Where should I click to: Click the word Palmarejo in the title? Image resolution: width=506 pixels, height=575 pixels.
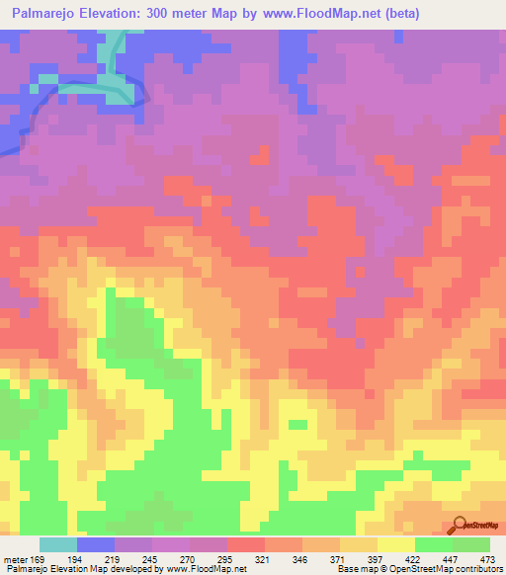point(47,14)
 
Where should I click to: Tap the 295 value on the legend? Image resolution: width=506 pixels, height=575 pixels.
point(227,558)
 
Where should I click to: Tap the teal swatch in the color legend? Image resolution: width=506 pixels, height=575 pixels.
point(58,544)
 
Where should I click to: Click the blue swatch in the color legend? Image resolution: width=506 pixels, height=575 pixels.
point(96,544)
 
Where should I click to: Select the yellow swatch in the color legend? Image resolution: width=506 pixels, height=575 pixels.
point(396,544)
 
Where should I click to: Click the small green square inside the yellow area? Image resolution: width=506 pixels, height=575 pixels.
point(297,425)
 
